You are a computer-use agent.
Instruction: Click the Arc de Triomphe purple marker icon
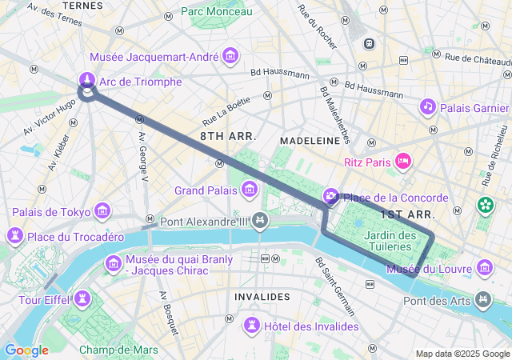coord(86,80)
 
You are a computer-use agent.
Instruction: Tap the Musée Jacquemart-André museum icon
coord(231,56)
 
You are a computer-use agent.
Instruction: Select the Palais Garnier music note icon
coord(428,106)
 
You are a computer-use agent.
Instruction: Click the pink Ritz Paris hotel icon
coord(404,162)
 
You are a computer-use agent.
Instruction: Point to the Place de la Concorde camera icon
coord(330,197)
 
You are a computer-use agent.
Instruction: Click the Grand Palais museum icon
coord(250,190)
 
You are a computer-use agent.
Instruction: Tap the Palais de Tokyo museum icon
coord(102,211)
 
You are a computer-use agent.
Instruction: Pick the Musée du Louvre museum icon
coord(484,267)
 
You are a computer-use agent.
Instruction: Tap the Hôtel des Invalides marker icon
coord(252,325)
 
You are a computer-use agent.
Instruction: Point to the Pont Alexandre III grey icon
coord(260,220)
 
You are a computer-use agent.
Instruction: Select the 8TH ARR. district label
coord(228,137)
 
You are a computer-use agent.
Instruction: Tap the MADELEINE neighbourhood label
coord(309,139)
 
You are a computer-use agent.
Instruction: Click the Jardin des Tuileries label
coord(390,240)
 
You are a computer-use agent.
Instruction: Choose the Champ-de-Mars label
coord(118,350)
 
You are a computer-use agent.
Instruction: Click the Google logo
coord(26,350)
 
